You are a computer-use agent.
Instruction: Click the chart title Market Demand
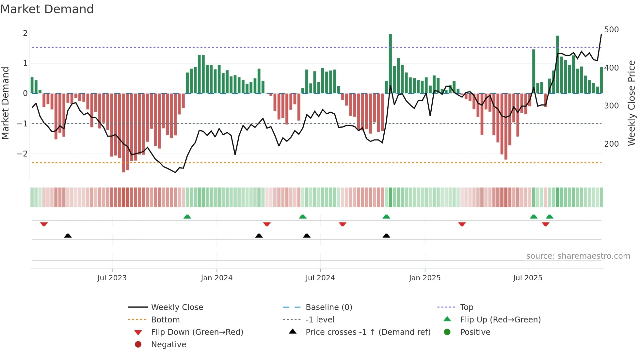click(x=47, y=9)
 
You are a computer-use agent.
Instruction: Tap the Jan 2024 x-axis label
click(x=216, y=278)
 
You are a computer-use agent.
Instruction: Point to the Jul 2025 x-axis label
click(x=527, y=278)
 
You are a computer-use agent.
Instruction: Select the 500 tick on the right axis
click(x=611, y=30)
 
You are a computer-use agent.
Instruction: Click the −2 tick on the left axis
click(x=23, y=154)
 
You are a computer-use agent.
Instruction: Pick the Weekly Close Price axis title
click(x=632, y=103)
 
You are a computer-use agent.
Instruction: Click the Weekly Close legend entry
click(x=177, y=307)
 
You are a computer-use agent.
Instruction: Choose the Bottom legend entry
click(x=165, y=320)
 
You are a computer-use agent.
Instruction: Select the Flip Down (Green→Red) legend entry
click(x=197, y=332)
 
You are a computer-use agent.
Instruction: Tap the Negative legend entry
click(x=168, y=345)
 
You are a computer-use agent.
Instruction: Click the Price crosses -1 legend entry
click(x=368, y=332)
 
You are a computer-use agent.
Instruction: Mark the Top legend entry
click(x=467, y=307)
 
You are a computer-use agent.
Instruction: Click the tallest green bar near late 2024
click(x=390, y=64)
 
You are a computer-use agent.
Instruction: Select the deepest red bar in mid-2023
click(x=123, y=132)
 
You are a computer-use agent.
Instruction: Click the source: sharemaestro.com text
click(x=578, y=256)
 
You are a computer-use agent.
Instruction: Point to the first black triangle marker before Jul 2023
click(x=68, y=236)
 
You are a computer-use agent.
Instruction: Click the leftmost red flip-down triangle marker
click(x=44, y=224)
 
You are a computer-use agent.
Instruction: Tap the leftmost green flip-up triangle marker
click(x=187, y=217)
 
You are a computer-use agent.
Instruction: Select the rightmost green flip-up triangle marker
click(x=550, y=217)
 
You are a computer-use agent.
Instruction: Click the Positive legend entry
click(x=475, y=332)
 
